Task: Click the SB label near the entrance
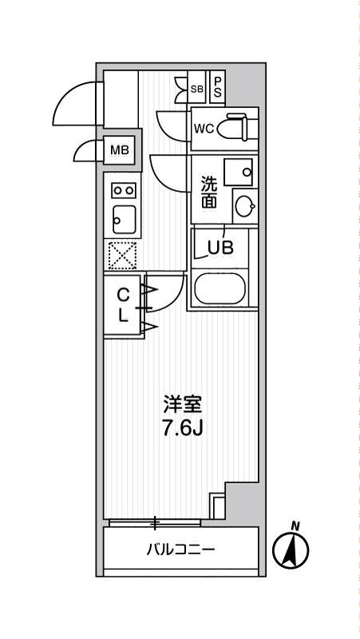click(x=197, y=89)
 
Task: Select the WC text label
click(x=203, y=129)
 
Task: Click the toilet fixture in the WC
click(x=237, y=128)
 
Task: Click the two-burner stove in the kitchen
click(x=123, y=190)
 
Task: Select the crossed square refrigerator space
click(x=123, y=256)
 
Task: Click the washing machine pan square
click(x=239, y=170)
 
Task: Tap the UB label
click(x=220, y=247)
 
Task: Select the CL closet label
click(x=123, y=305)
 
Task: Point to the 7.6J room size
click(x=180, y=428)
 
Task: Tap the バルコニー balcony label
click(x=180, y=550)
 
